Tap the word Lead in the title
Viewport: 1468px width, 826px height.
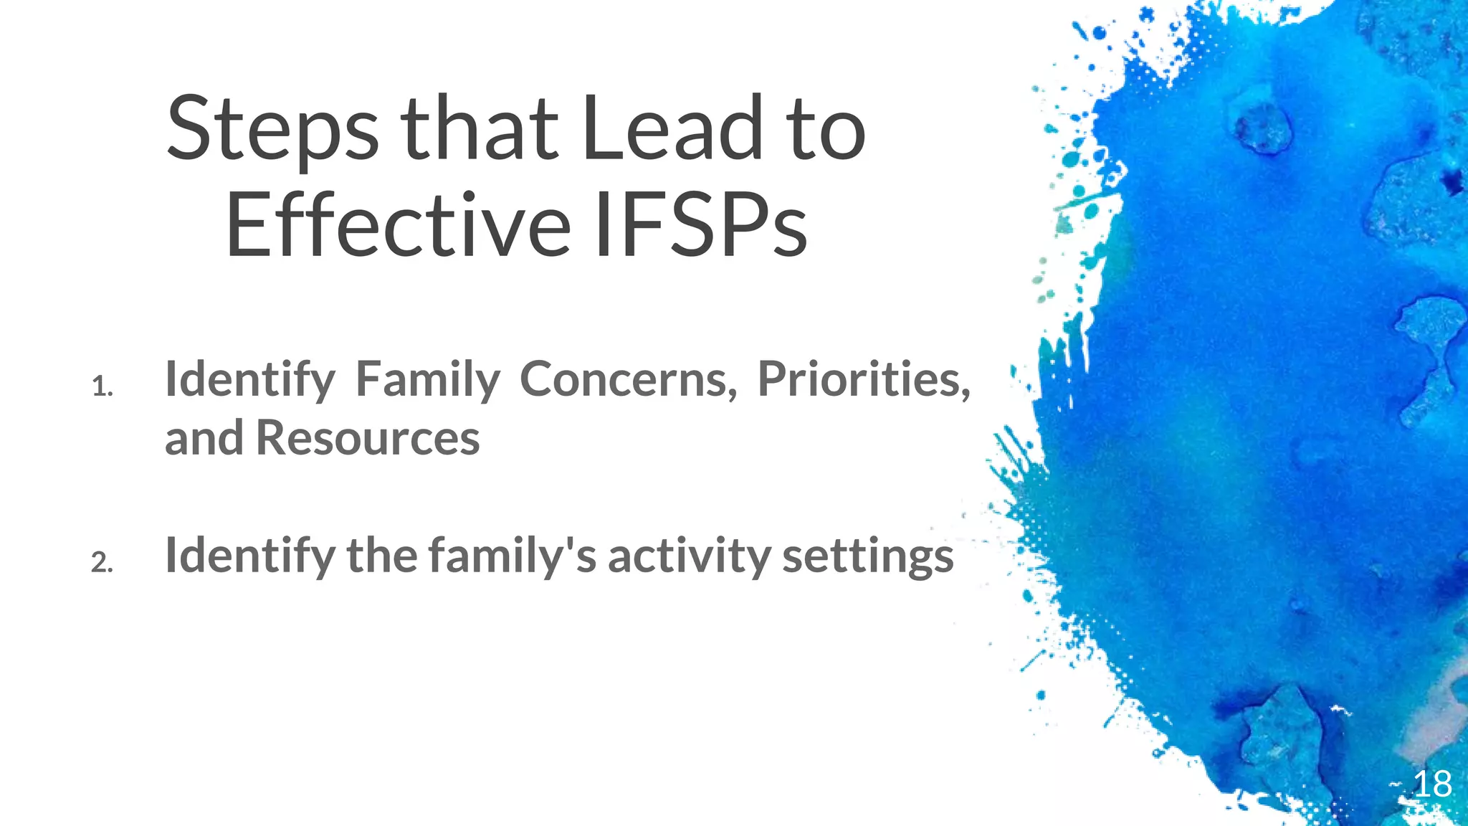tap(672, 129)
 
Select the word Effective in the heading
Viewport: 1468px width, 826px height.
tap(399, 226)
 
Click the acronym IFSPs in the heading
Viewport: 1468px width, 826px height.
tap(701, 226)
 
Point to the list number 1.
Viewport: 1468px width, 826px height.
tap(102, 388)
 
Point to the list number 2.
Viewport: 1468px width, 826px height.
tap(102, 563)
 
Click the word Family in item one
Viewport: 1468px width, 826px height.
tap(428, 380)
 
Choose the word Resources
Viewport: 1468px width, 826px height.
tap(368, 438)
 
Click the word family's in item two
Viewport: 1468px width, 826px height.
tap(513, 556)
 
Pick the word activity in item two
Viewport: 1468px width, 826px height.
tap(689, 556)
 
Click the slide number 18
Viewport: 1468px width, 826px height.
tap(1431, 784)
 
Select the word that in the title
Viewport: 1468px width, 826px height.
tap(479, 129)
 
